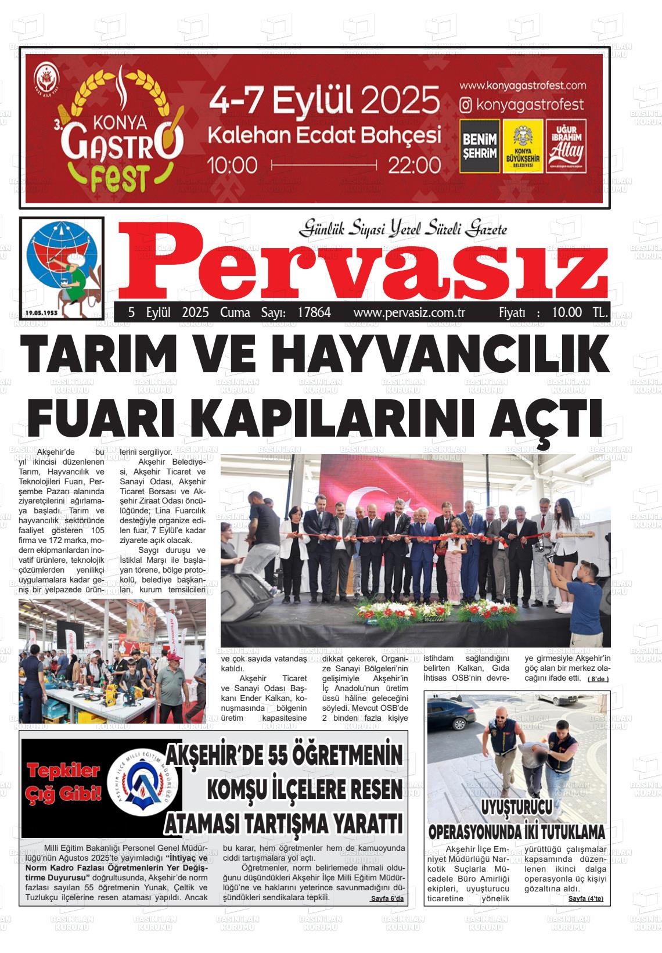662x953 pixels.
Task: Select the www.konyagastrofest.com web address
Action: (523, 85)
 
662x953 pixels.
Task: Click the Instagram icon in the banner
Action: (466, 105)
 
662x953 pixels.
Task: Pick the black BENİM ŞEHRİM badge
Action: (480, 146)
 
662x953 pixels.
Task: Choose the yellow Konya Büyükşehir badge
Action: (523, 146)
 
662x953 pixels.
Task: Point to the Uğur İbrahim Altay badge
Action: (566, 146)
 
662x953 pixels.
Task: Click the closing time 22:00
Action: (414, 165)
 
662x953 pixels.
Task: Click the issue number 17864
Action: (314, 312)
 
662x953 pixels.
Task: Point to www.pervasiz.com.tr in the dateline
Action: (410, 312)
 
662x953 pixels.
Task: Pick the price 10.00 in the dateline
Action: (567, 312)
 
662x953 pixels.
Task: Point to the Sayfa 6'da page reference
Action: (387, 898)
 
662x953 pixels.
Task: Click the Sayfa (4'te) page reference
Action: (586, 898)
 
